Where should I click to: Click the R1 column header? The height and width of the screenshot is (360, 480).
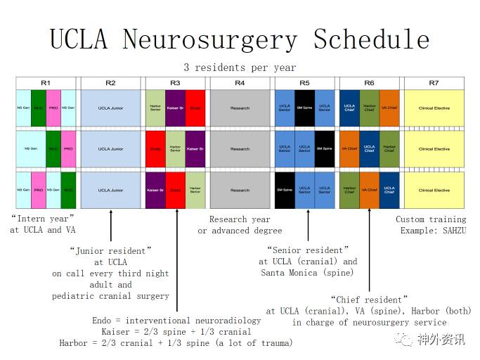pos(46,83)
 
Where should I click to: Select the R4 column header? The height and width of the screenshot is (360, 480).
pos(240,83)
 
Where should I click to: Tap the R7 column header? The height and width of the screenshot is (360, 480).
pos(434,83)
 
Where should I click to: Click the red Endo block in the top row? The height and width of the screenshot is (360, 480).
pos(195,108)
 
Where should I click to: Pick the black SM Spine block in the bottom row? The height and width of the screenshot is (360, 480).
pos(285,190)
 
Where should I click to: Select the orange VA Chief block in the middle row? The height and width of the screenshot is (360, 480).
pos(349,148)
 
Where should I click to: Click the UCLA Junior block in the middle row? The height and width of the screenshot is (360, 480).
pos(110,148)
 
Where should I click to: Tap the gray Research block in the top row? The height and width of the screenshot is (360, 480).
pos(240,108)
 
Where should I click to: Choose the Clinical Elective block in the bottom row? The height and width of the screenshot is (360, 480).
pos(434,190)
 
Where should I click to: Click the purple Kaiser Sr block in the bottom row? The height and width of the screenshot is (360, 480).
pos(155,190)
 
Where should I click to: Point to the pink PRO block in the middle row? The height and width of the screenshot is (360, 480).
pos(68,148)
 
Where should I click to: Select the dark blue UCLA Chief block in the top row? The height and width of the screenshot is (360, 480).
pos(349,108)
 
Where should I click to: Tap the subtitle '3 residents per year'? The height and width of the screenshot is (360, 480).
pos(240,67)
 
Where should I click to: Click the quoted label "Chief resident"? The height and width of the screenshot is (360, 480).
pos(368,300)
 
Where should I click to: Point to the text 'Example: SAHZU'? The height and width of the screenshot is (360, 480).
pos(434,230)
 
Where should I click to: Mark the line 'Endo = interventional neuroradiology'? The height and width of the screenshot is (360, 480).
pos(176,321)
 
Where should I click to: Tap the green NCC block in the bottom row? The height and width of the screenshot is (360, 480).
pos(68,190)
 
